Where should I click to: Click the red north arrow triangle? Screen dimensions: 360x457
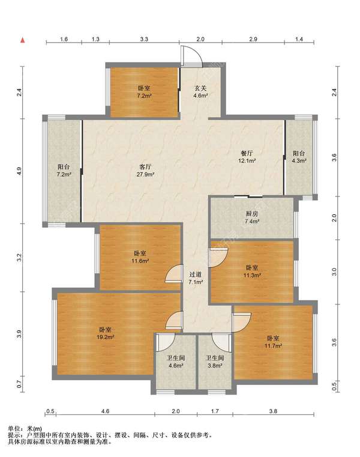[x=22, y=40]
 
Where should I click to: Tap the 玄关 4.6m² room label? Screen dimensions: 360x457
[x=200, y=91]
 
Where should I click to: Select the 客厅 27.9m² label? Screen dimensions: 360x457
[x=145, y=171]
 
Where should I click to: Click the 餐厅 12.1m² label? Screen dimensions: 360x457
[x=247, y=157]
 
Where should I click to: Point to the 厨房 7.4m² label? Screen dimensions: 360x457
[x=252, y=217]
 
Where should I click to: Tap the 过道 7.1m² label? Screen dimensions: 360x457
[x=196, y=278]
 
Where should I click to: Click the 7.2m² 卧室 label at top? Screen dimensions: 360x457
[x=144, y=91]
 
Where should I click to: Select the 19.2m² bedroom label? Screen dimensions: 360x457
[x=105, y=333]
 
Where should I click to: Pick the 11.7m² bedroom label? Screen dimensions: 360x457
[x=273, y=342]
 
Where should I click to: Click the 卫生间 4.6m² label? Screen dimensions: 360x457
[x=176, y=362]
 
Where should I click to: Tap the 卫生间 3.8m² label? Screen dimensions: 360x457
[x=215, y=362]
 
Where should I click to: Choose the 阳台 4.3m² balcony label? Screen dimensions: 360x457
[x=299, y=157]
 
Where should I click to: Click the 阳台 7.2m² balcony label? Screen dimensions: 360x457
[x=64, y=171]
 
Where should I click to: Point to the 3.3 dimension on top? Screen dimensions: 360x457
[x=144, y=39]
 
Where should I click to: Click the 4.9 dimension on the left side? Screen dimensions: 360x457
[x=19, y=171]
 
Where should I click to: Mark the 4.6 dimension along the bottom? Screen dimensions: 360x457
[x=105, y=411]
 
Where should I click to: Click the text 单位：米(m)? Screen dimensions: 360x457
[x=25, y=428]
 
